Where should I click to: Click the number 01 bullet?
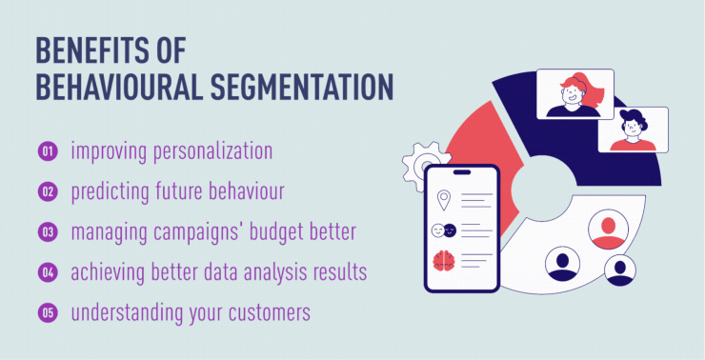click(47, 151)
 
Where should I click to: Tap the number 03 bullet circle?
click(47, 232)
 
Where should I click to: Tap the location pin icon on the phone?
click(444, 201)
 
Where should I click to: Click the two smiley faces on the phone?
click(445, 230)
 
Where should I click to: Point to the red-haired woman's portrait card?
click(574, 93)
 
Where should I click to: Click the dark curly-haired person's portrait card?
click(633, 129)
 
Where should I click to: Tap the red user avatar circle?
click(607, 230)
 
